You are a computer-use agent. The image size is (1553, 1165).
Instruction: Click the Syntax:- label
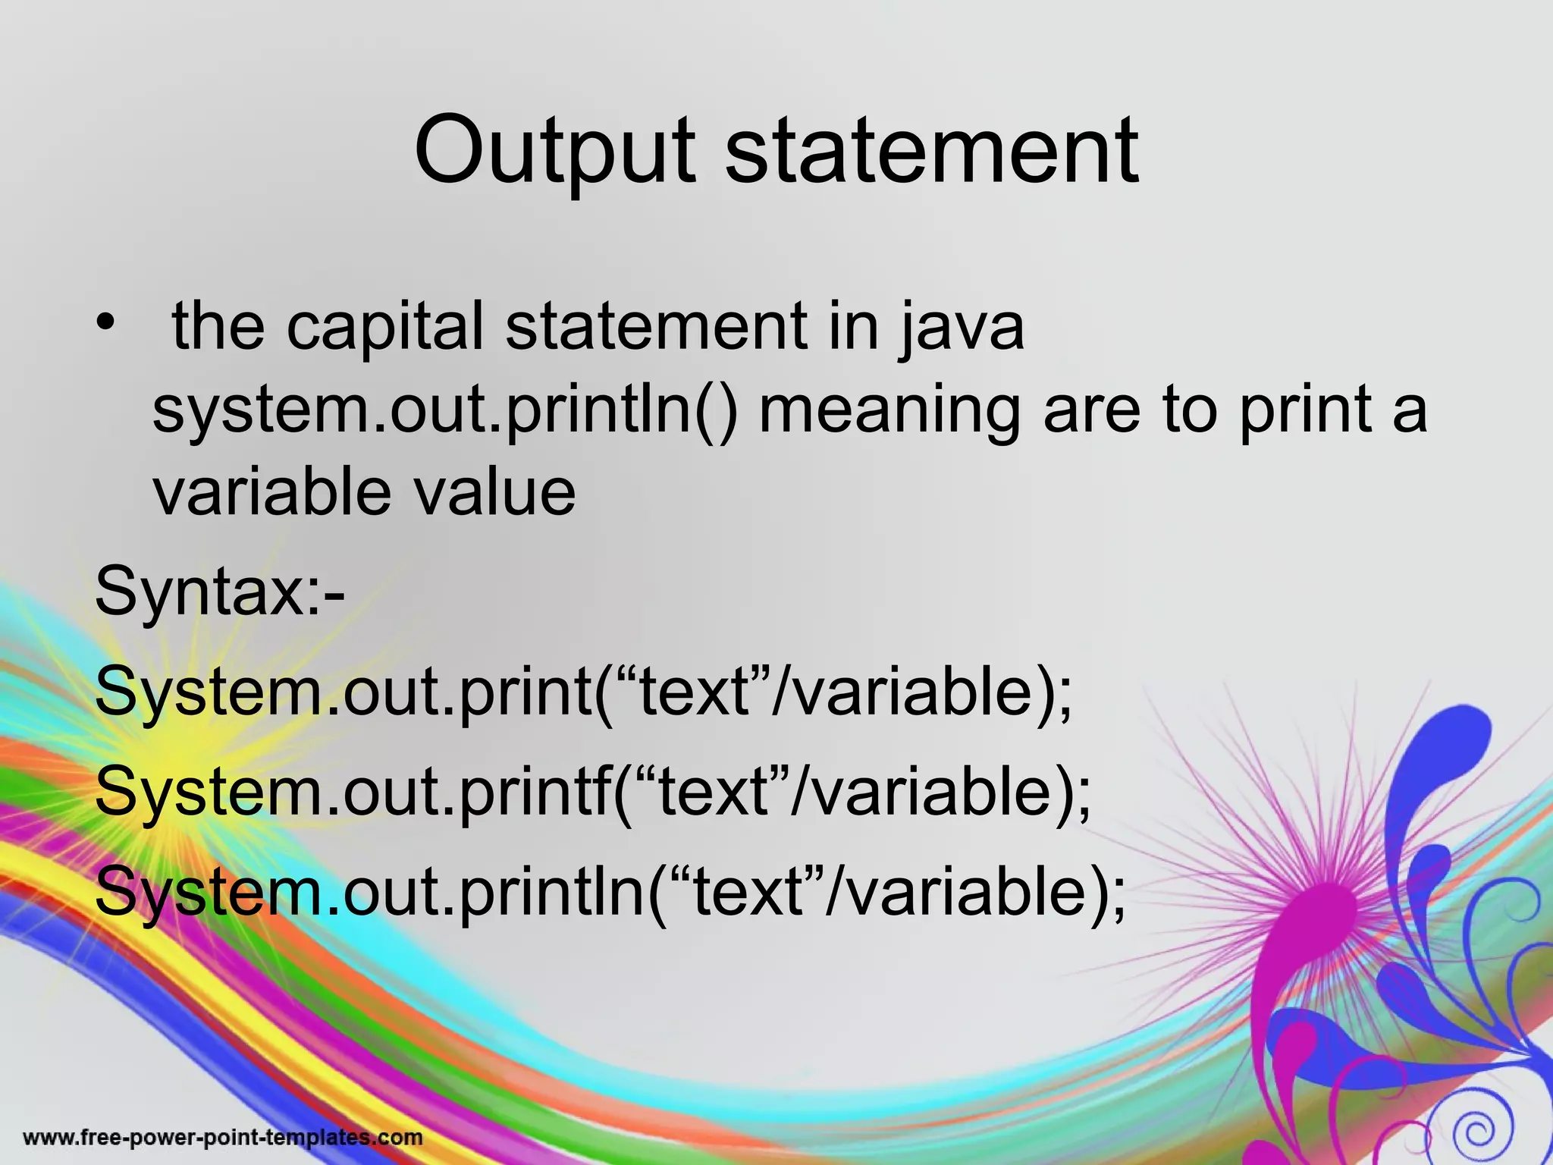(x=219, y=592)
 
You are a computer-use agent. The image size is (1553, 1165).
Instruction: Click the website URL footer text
(x=222, y=1138)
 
